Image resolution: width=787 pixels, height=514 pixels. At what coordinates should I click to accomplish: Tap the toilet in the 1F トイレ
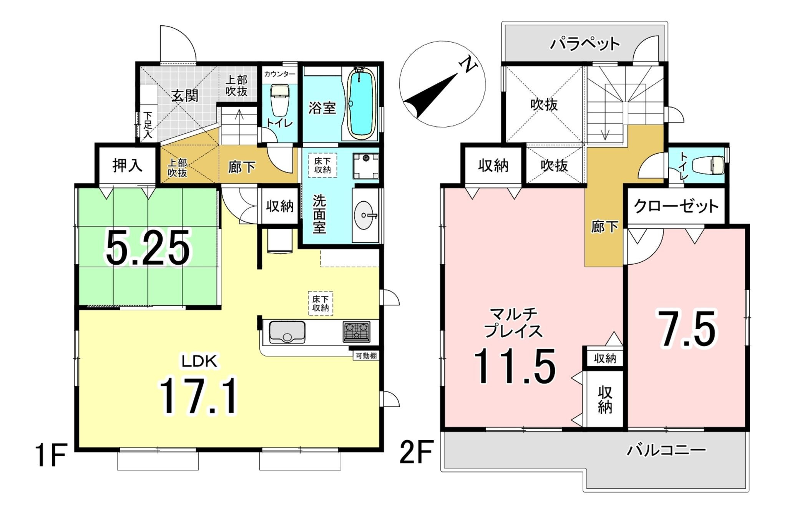[x=280, y=99]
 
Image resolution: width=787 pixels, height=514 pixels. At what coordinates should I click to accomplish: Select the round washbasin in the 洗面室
[x=365, y=216]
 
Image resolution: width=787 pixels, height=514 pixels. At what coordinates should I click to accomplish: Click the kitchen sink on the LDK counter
[x=287, y=332]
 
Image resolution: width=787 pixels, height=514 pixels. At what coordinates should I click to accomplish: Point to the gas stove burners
[x=357, y=332]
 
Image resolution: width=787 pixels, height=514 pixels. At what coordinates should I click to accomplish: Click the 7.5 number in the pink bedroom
[x=687, y=328]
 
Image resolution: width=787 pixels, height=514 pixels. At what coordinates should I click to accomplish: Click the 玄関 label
[x=185, y=96]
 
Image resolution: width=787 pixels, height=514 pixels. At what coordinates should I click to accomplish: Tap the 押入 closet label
[x=127, y=165]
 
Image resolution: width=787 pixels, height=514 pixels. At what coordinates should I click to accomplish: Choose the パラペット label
[x=585, y=44]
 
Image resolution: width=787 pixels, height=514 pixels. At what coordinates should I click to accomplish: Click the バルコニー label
[x=666, y=450]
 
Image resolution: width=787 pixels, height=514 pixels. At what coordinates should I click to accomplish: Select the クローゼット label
[x=676, y=206]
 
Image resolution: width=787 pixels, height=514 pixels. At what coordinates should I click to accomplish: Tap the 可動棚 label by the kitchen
[x=366, y=356]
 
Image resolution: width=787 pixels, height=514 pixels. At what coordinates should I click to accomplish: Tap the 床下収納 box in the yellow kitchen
[x=320, y=303]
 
